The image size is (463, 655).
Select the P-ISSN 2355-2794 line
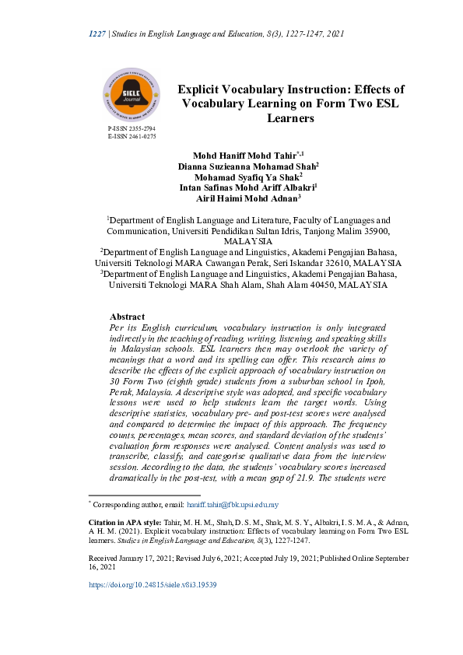pyautogui.click(x=132, y=128)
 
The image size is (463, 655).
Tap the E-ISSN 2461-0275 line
pyautogui.click(x=132, y=136)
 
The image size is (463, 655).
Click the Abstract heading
pyautogui.click(x=127, y=317)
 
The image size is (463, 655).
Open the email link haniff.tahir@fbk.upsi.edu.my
pyautogui.click(x=232, y=506)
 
